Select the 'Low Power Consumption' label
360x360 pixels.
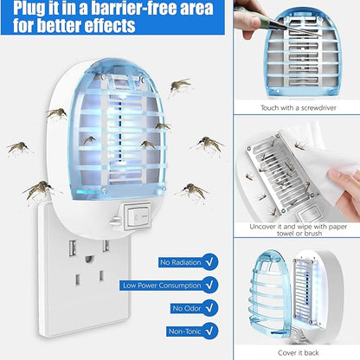click(160, 285)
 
